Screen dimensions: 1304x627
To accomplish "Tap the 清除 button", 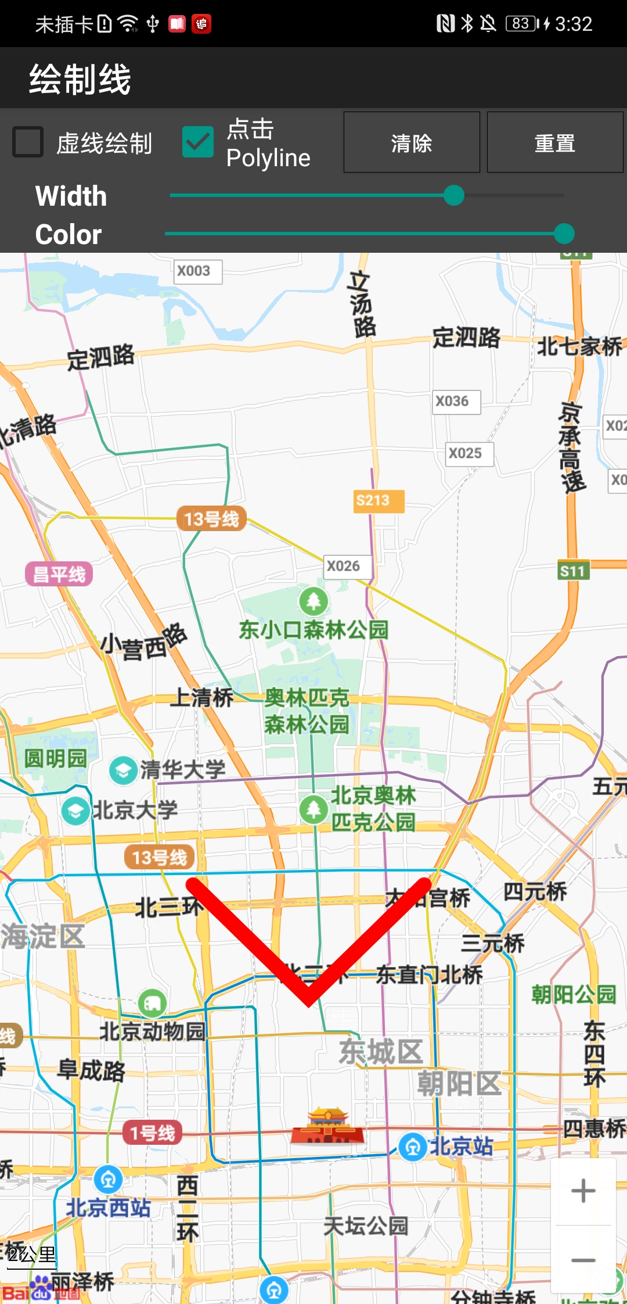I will coord(412,142).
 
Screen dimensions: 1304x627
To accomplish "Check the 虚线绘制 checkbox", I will coord(28,142).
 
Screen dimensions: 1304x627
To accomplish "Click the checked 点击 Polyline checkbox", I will coord(197,142).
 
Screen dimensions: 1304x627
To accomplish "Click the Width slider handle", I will coord(453,195).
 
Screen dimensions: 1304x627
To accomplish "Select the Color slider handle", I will coord(564,234).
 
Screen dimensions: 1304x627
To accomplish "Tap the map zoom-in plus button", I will coord(583,1191).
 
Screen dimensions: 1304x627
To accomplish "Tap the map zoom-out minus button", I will coord(583,1260).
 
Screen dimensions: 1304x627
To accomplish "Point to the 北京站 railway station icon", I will coord(413,1147).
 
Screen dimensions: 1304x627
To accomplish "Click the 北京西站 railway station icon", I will coord(108,1179).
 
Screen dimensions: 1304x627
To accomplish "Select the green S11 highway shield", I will coord(572,571).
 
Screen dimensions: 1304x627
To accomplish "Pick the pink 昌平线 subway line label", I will coord(59,574).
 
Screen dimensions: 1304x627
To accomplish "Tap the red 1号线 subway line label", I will coord(152,1133).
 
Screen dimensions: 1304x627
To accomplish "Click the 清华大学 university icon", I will coord(123,771).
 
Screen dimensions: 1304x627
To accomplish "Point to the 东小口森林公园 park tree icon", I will coord(313,601).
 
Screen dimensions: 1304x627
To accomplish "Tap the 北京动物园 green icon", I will coord(152,1003).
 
